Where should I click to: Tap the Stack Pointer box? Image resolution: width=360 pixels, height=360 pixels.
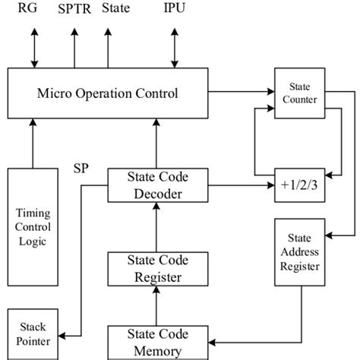pos(31,333)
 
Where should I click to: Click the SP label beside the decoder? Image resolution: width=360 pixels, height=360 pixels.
pos(83,166)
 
